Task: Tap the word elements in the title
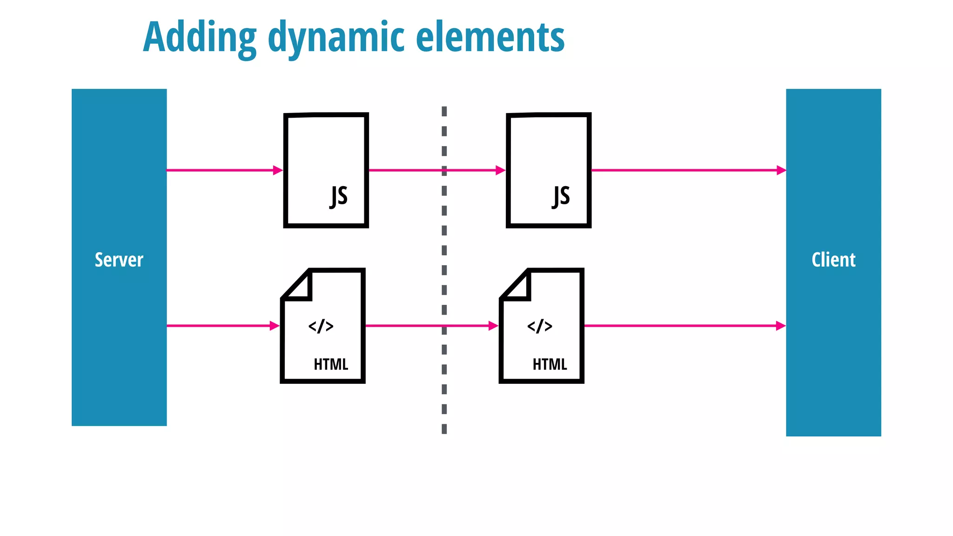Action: [490, 37]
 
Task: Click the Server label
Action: [119, 260]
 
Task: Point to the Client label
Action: [833, 260]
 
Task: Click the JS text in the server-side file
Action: [339, 196]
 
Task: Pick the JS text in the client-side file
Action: [561, 196]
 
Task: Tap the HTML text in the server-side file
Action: [331, 364]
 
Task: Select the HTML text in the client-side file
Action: [550, 364]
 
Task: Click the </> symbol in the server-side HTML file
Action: [321, 326]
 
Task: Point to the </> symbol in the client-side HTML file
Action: [540, 326]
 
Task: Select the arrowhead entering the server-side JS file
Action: [278, 170]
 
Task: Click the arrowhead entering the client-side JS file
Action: [501, 170]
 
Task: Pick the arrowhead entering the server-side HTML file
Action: [275, 326]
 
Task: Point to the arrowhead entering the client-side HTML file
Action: [494, 326]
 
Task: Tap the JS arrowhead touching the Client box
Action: [781, 170]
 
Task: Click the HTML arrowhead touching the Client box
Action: [781, 326]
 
